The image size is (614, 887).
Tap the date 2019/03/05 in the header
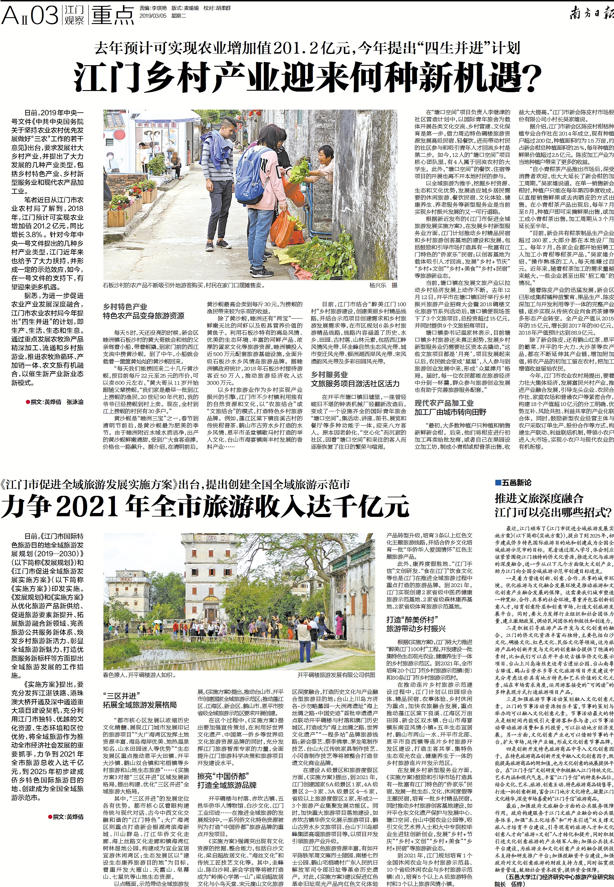click(152, 16)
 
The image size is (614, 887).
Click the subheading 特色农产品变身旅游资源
click(143, 316)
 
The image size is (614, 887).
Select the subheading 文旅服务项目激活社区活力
click(355, 383)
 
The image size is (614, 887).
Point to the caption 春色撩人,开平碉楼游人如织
click(139, 675)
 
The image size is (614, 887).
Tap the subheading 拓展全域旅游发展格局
click(140, 704)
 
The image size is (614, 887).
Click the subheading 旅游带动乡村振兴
click(416, 628)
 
